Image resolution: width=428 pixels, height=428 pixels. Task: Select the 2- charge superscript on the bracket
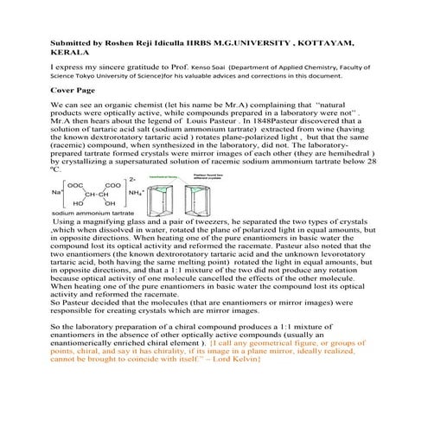[131, 179]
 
